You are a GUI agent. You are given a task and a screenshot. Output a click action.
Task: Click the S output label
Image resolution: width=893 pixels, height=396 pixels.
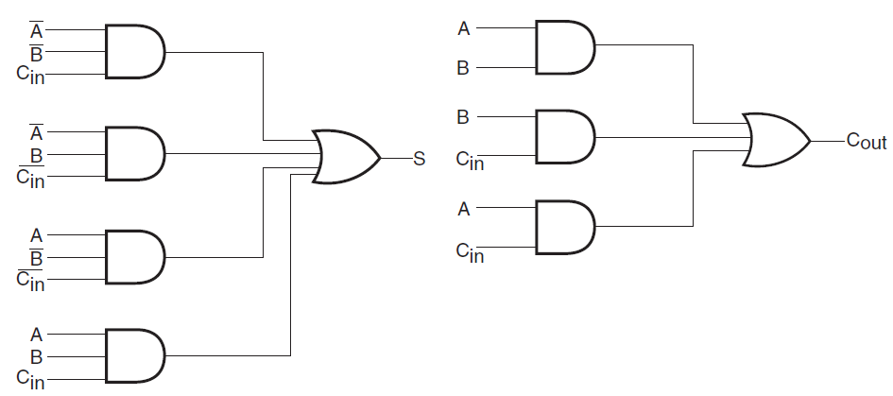tap(420, 159)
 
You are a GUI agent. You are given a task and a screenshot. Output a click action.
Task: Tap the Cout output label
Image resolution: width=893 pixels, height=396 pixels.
tap(867, 141)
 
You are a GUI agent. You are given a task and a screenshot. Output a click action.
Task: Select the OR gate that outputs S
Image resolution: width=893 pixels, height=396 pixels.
tap(346, 157)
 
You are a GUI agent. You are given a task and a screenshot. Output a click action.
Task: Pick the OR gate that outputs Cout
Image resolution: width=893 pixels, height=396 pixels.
tap(776, 140)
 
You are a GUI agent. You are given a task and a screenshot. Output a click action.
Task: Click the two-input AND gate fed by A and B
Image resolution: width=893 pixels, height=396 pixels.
tap(565, 47)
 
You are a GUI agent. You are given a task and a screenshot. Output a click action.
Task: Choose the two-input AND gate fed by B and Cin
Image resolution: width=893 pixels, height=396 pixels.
tap(565, 137)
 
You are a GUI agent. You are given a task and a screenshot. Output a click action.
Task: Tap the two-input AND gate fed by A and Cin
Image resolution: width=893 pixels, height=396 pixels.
tap(565, 227)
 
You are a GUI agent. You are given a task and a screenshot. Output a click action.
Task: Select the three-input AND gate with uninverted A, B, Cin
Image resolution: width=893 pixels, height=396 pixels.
tap(135, 355)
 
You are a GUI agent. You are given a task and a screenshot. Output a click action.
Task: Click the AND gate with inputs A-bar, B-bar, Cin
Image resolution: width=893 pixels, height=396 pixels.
tap(135, 51)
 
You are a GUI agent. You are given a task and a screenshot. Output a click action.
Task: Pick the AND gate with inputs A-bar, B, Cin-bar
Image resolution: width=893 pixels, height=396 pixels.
tap(135, 154)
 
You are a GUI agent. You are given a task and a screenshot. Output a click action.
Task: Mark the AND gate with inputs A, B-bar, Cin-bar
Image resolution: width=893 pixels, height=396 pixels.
tap(135, 257)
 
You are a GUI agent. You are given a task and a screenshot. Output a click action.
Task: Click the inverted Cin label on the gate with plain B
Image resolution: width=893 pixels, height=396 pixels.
tap(30, 177)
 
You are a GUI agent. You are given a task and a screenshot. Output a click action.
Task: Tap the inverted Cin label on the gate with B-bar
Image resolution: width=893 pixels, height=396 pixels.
tap(30, 281)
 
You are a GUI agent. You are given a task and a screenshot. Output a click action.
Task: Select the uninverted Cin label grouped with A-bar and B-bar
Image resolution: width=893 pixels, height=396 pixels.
tap(30, 75)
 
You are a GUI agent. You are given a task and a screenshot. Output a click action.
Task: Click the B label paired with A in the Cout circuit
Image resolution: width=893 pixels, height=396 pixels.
tap(463, 68)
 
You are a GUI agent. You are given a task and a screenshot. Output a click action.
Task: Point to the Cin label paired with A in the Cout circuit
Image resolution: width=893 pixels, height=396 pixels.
tap(470, 251)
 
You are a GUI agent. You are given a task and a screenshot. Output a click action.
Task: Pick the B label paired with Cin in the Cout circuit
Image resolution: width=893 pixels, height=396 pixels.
tap(463, 117)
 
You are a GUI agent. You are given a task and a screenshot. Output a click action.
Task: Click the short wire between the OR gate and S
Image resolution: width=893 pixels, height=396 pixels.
tap(396, 158)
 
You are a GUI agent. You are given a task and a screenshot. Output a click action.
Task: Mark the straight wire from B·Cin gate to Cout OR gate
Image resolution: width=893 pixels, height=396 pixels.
tap(673, 137)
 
